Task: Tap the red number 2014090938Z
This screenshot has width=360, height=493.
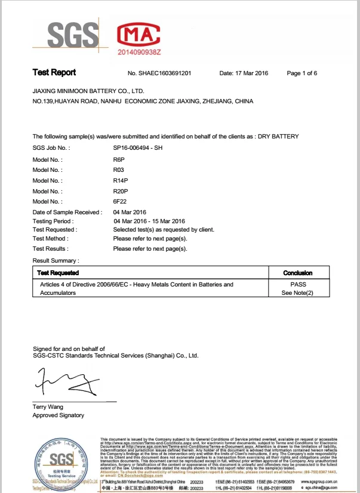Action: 140,53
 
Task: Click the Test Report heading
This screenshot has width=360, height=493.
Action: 54,73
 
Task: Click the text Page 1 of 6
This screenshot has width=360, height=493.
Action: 302,73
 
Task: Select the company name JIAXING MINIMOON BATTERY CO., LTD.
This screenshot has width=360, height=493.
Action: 88,91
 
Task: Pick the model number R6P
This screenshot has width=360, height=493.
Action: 119,160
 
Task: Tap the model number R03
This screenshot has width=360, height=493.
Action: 118,170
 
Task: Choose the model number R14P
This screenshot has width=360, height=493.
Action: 121,180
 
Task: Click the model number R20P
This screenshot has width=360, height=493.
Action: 121,191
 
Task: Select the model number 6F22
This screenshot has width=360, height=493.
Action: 120,202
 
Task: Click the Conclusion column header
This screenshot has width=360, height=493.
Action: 297,273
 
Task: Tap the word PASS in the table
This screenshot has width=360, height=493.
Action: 297,285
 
